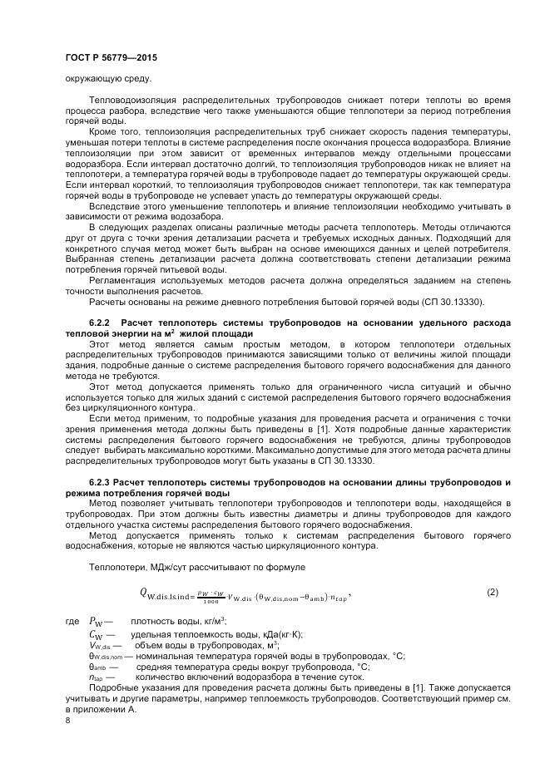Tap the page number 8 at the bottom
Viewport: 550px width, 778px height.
tap(67, 720)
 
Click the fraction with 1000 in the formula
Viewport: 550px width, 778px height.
tap(211, 593)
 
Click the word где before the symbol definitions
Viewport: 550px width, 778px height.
tap(71, 622)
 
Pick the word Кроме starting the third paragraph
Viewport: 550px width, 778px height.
tap(105, 131)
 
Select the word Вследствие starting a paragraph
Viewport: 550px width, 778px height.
tap(114, 204)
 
